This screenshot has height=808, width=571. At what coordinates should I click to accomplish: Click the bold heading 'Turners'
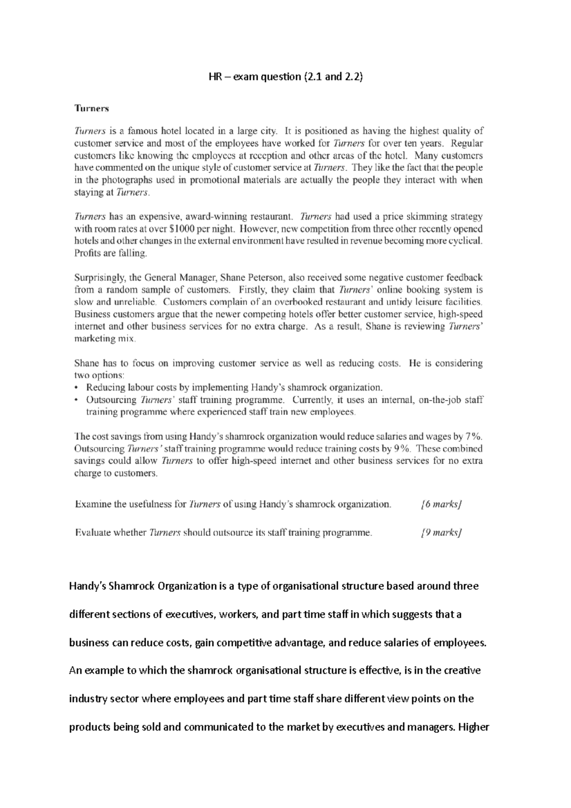92,108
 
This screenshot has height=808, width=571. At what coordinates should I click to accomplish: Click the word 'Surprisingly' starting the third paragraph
99,277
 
